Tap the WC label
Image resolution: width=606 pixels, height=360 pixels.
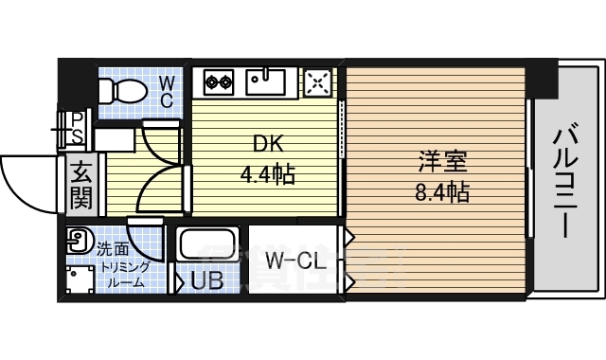(165, 91)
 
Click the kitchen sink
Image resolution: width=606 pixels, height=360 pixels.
(266, 81)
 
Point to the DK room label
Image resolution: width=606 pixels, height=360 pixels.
(267, 144)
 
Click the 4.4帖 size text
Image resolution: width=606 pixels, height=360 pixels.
(267, 175)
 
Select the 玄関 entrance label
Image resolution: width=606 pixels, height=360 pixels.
(80, 187)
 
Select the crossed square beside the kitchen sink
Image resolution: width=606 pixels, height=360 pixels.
(318, 81)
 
